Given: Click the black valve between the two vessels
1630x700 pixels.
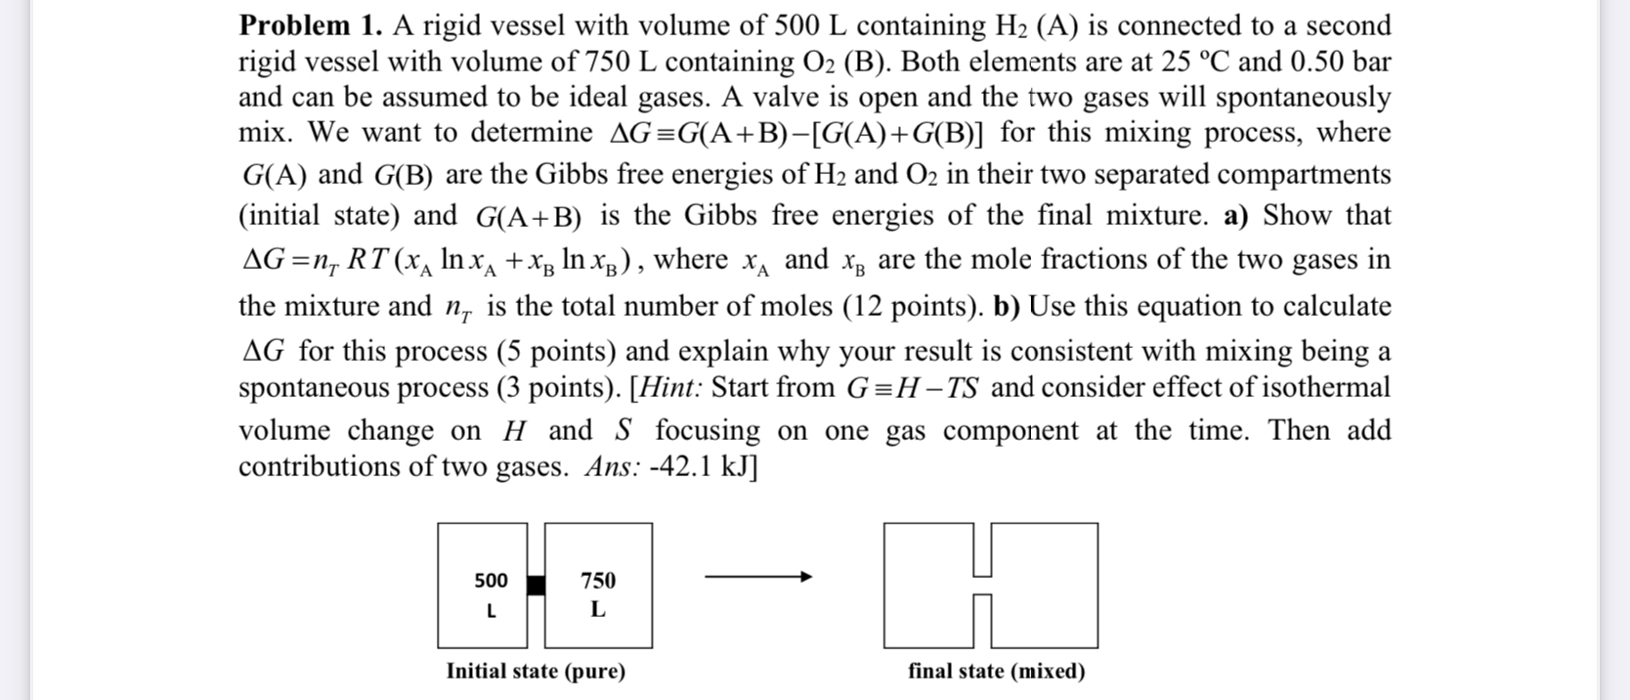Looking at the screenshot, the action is click(x=536, y=585).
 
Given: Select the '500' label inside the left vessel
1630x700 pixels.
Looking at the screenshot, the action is click(x=491, y=581).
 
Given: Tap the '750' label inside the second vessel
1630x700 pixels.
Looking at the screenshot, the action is click(x=598, y=581).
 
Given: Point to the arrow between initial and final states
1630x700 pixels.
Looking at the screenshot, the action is click(x=758, y=578).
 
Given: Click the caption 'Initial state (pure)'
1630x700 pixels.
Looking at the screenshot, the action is click(x=536, y=672).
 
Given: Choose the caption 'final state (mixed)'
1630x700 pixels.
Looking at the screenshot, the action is click(x=996, y=672).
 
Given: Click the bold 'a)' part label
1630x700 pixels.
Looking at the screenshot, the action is click(x=1236, y=215).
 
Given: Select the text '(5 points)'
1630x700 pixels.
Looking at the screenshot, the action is click(x=556, y=350).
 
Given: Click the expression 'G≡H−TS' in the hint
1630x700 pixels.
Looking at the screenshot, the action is click(x=913, y=388).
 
